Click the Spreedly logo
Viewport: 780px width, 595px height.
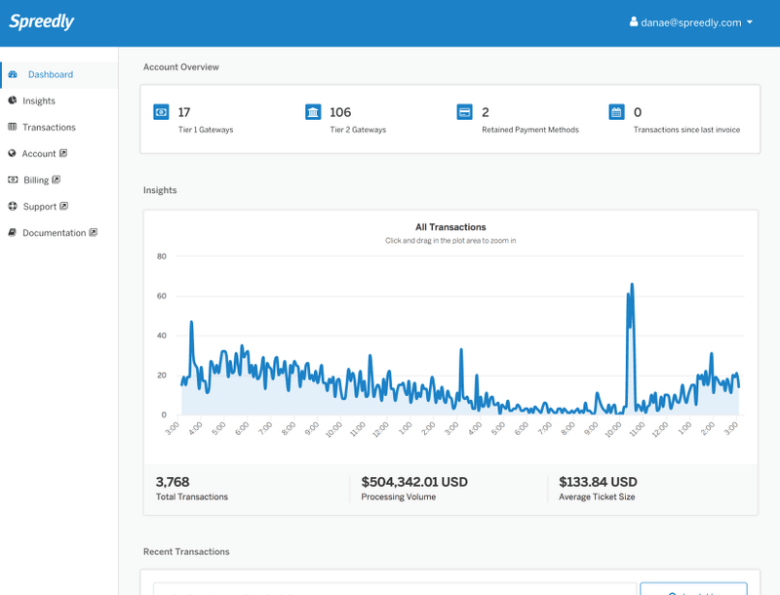41,21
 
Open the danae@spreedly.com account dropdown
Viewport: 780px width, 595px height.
691,22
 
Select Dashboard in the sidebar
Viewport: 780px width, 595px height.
50,74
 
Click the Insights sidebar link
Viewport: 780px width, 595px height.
39,100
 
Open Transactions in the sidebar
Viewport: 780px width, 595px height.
49,127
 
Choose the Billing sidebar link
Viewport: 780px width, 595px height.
36,179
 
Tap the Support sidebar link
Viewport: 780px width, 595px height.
40,206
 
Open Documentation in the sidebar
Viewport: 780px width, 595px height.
55,232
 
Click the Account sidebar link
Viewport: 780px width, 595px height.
39,153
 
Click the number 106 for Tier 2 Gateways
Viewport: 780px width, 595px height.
340,112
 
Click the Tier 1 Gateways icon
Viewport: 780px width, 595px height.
161,112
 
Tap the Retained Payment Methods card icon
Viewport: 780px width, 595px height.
465,112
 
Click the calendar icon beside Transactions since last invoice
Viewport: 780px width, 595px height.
616,112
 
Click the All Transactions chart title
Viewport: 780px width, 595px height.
450,227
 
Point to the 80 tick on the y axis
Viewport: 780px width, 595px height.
162,257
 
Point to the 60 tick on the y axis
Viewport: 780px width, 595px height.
162,296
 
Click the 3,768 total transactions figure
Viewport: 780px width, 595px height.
173,482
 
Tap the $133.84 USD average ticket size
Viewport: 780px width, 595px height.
598,482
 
